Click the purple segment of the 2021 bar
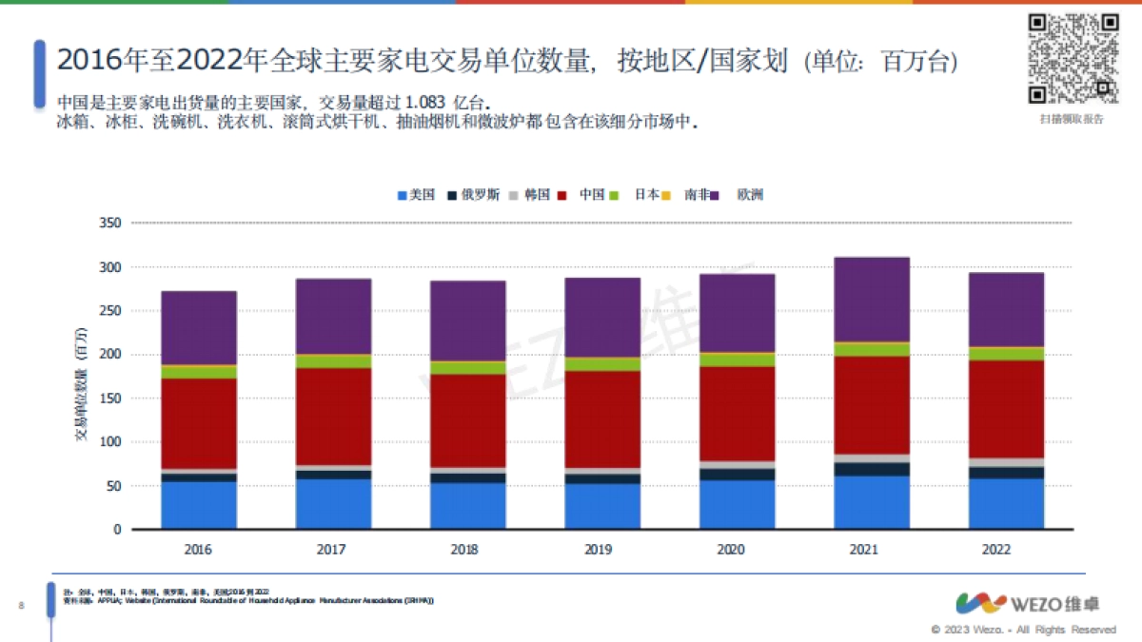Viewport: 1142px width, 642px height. coord(872,300)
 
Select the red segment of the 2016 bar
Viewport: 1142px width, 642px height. coord(198,423)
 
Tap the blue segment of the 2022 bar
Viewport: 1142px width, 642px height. coord(1006,503)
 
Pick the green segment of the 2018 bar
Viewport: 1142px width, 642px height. coord(467,367)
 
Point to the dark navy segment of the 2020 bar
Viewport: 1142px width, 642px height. coord(737,474)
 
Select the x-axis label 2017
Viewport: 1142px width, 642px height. coord(332,550)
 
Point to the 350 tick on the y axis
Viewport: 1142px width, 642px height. coord(110,224)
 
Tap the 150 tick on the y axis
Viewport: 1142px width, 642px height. coord(110,399)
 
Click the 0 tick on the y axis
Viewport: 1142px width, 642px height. coord(117,529)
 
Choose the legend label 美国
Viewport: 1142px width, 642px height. coord(422,195)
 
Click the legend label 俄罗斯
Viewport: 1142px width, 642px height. coord(480,195)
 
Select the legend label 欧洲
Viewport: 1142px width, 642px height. coord(749,195)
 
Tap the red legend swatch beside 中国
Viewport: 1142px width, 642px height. coord(561,195)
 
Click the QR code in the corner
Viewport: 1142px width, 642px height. coord(1072,58)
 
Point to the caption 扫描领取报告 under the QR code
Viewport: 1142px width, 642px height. coord(1072,119)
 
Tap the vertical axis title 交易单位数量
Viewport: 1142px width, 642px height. coord(82,385)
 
